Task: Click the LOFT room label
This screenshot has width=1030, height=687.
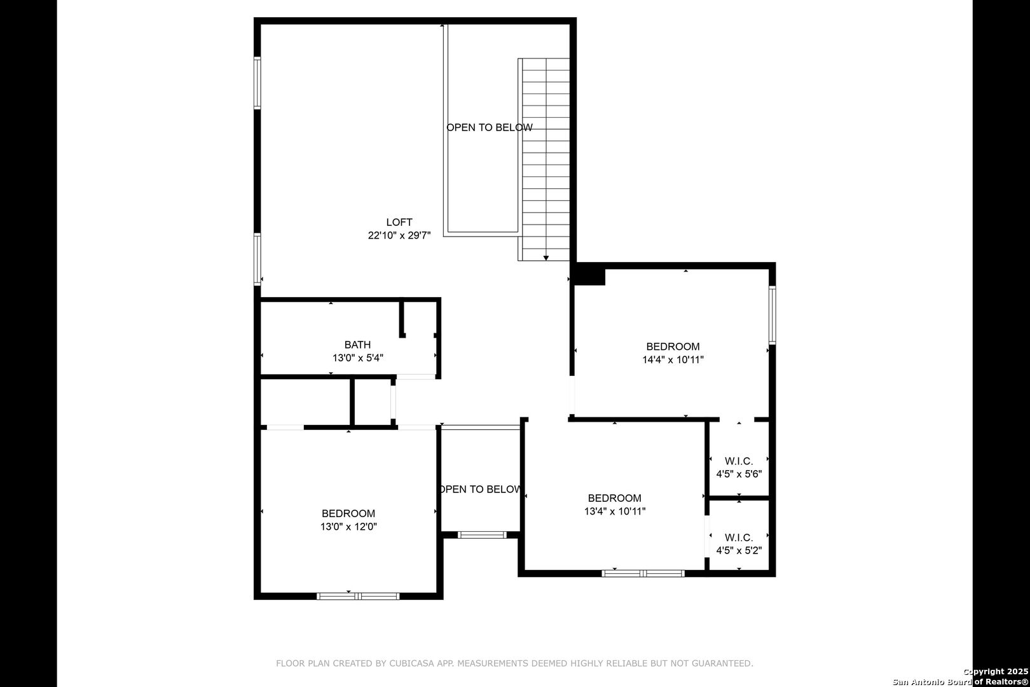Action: point(399,222)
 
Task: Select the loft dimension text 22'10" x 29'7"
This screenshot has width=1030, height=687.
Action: point(399,235)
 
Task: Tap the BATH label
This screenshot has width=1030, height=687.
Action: point(357,345)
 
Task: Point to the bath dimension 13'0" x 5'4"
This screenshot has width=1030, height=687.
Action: point(358,358)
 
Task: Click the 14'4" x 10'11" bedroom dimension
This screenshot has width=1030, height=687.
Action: point(673,360)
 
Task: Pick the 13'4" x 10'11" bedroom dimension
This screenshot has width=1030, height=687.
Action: point(615,511)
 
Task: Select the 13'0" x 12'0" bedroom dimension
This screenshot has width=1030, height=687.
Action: point(348,527)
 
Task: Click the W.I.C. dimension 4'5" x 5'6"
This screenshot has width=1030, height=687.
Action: point(739,474)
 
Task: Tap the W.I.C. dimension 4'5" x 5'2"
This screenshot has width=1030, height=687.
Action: point(739,550)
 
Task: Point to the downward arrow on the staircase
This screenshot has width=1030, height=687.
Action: point(546,258)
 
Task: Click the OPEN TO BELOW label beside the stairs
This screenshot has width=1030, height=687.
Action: point(490,127)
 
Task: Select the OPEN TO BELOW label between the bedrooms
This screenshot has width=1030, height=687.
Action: point(481,489)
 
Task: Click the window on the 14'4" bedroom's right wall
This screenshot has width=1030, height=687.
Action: point(773,316)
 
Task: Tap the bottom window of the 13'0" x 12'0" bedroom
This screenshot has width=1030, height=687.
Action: point(358,596)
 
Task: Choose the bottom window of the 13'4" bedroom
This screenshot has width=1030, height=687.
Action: point(643,573)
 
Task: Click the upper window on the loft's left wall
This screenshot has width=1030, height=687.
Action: point(257,83)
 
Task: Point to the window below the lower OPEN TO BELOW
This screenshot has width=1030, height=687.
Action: point(482,535)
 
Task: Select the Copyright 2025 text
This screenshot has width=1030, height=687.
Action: point(996,671)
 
